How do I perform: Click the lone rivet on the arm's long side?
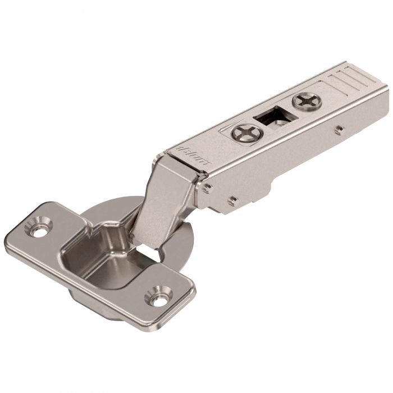coord(338,130)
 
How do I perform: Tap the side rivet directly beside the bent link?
coord(208,188)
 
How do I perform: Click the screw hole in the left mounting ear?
coord(39,230)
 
